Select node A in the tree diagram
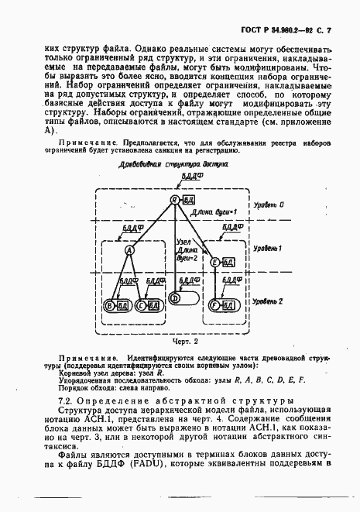[130, 250]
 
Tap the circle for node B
[110, 304]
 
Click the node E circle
[216, 263]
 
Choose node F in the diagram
[216, 304]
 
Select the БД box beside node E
[230, 263]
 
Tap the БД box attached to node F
[230, 304]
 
